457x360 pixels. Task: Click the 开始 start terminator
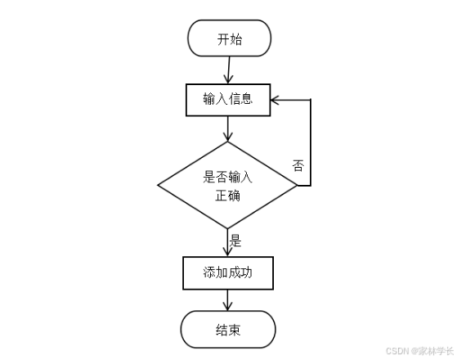tap(228, 38)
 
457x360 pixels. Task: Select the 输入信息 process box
tap(227, 100)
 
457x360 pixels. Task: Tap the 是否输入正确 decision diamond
tap(227, 186)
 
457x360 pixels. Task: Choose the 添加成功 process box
tap(227, 273)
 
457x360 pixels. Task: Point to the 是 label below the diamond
tap(236, 241)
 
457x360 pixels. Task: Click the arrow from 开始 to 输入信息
tap(228, 70)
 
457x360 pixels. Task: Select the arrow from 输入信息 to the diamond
tap(228, 128)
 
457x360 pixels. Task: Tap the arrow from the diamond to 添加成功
tap(228, 243)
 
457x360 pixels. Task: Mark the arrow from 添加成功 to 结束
tap(228, 300)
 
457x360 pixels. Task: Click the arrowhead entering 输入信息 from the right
tap(276, 100)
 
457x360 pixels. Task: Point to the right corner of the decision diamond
tap(297, 186)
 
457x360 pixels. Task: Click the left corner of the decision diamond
tap(159, 186)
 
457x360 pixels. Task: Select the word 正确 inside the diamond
tap(227, 196)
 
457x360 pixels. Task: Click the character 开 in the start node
tap(222, 38)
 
